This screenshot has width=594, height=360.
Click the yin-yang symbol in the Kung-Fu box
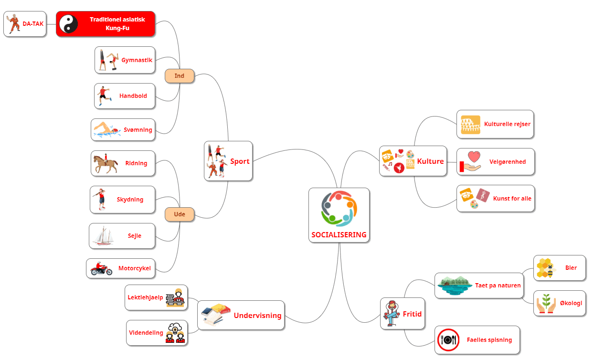[69, 23]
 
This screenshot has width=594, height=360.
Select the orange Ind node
[180, 76]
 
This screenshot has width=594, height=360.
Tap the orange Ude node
[180, 214]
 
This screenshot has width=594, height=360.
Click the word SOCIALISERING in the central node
[339, 235]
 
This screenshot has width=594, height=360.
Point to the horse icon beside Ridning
[106, 164]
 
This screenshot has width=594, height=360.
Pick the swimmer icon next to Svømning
[106, 130]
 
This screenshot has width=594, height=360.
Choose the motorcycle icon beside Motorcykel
[101, 269]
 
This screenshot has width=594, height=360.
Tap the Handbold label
[133, 96]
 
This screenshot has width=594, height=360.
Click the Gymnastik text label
[137, 60]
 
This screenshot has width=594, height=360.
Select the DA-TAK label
[33, 23]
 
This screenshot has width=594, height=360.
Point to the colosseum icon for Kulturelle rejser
[470, 125]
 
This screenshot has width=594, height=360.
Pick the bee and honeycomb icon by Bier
[546, 268]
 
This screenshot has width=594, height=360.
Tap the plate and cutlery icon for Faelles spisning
[448, 340]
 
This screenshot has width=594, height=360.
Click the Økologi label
[571, 303]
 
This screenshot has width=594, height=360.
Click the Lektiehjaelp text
[145, 297]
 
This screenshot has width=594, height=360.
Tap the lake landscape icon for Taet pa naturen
[453, 285]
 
